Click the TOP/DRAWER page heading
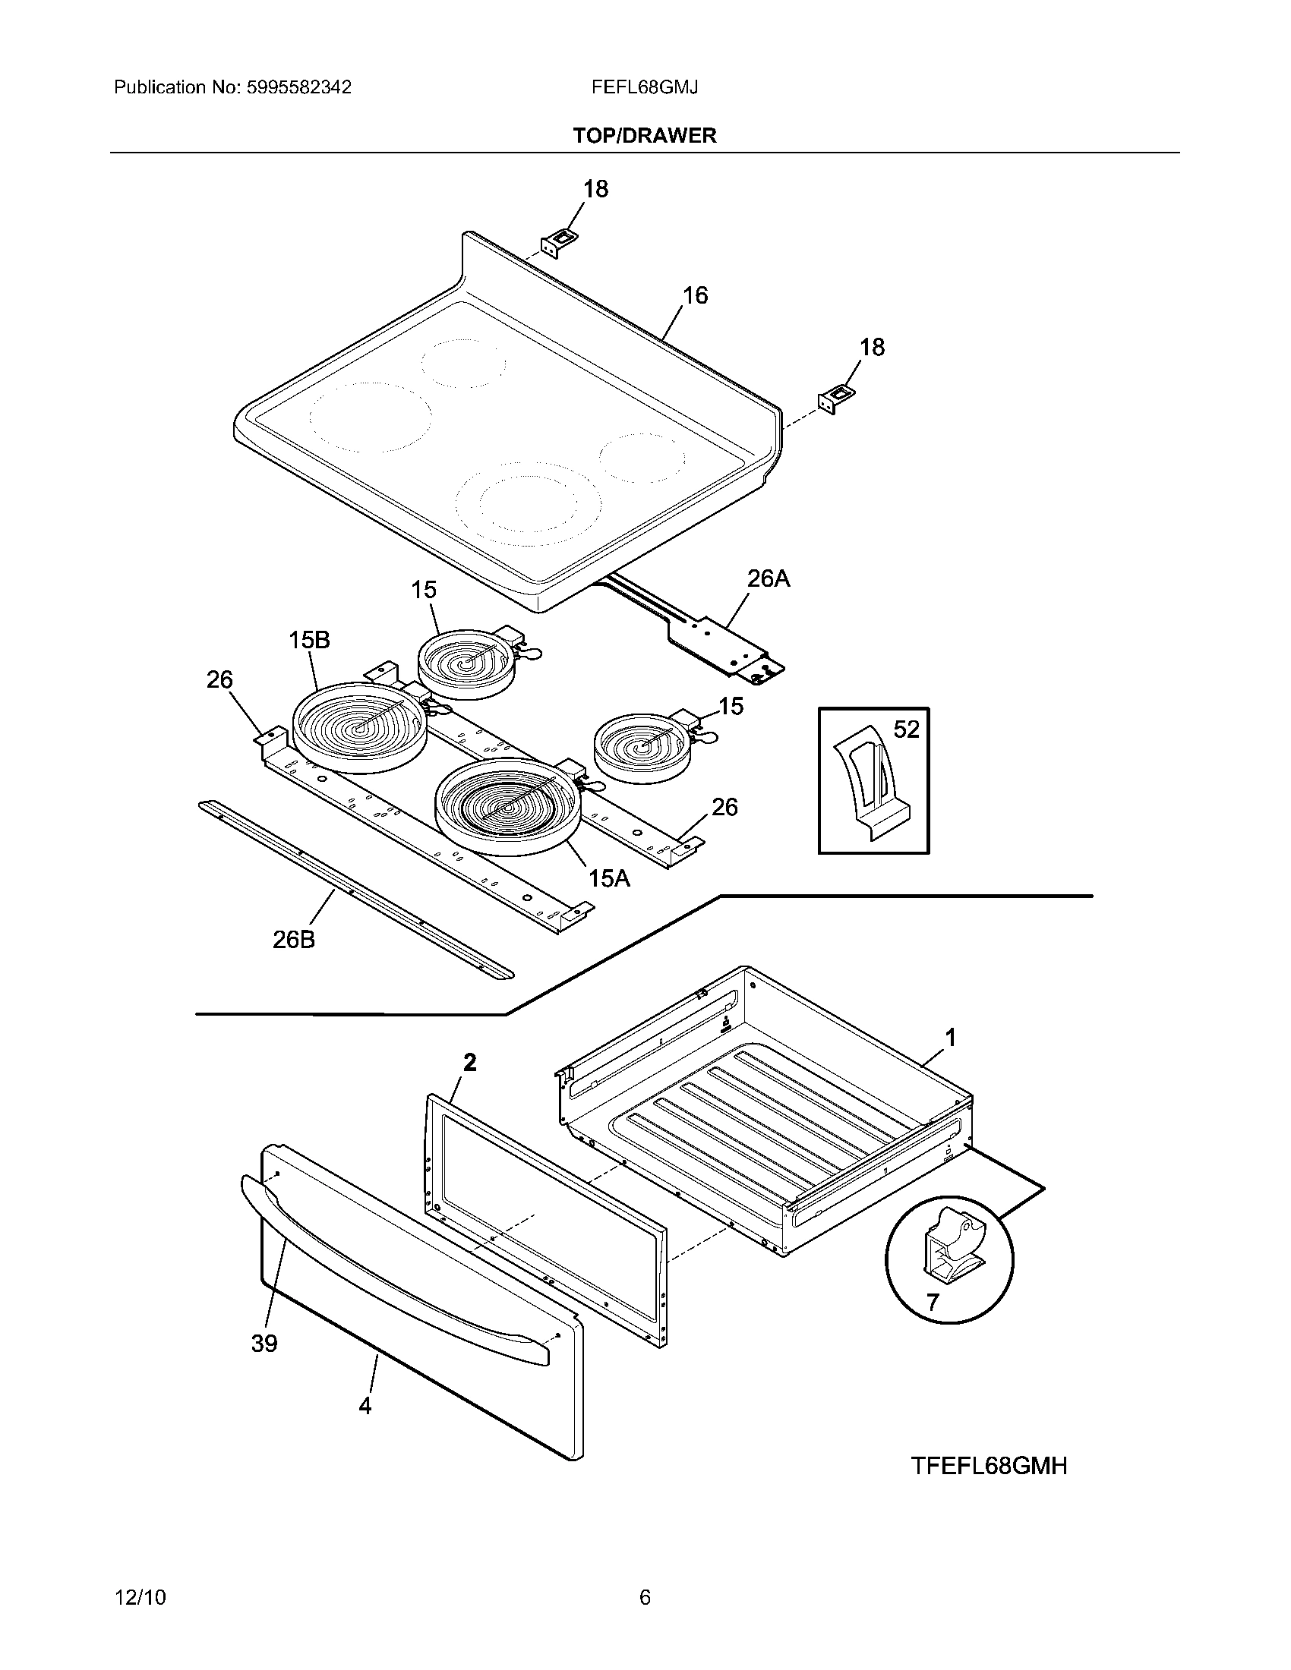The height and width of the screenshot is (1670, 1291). point(645,135)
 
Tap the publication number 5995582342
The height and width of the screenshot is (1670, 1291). point(299,87)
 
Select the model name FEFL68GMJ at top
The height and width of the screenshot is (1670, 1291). point(644,87)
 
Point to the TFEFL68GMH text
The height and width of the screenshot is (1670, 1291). point(989,1466)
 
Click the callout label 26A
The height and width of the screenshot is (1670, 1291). point(768,579)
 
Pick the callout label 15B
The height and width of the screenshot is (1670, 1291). point(309,640)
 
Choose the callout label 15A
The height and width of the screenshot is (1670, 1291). point(609,878)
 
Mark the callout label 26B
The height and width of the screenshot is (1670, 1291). point(294,940)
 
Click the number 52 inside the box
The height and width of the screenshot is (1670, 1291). point(906,729)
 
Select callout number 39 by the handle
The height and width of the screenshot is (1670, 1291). point(264,1344)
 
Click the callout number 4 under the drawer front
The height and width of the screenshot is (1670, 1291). point(365,1405)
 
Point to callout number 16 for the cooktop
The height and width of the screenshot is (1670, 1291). point(695,295)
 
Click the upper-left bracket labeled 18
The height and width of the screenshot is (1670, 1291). point(560,242)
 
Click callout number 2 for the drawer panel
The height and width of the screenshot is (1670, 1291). point(469,1062)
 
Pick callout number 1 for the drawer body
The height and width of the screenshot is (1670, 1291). point(951,1038)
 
